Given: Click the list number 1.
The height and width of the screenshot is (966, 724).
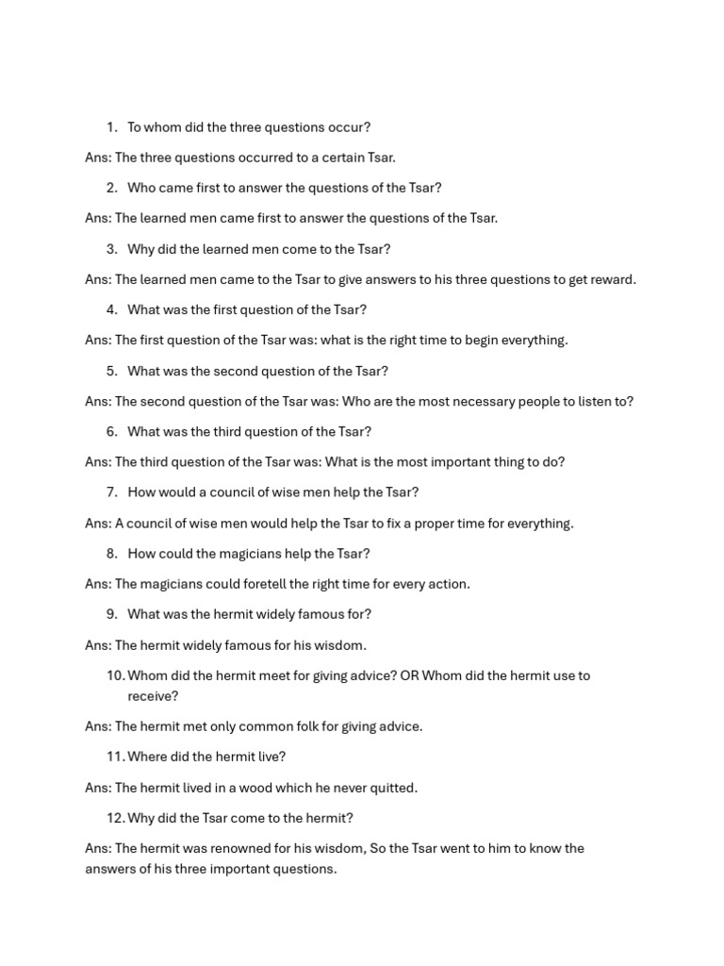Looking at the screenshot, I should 111,127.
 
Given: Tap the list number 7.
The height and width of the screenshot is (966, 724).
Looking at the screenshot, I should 111,492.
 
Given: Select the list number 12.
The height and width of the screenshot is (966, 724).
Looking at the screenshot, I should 115,818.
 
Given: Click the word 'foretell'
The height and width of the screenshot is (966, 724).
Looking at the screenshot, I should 257,584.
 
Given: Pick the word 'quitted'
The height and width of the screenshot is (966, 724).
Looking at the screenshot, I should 392,788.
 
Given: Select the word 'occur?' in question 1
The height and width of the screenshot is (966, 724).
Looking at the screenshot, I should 348,127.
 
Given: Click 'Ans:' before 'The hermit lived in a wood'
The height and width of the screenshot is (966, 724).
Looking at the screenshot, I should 98,788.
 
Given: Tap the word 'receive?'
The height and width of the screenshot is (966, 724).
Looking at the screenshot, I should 153,696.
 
